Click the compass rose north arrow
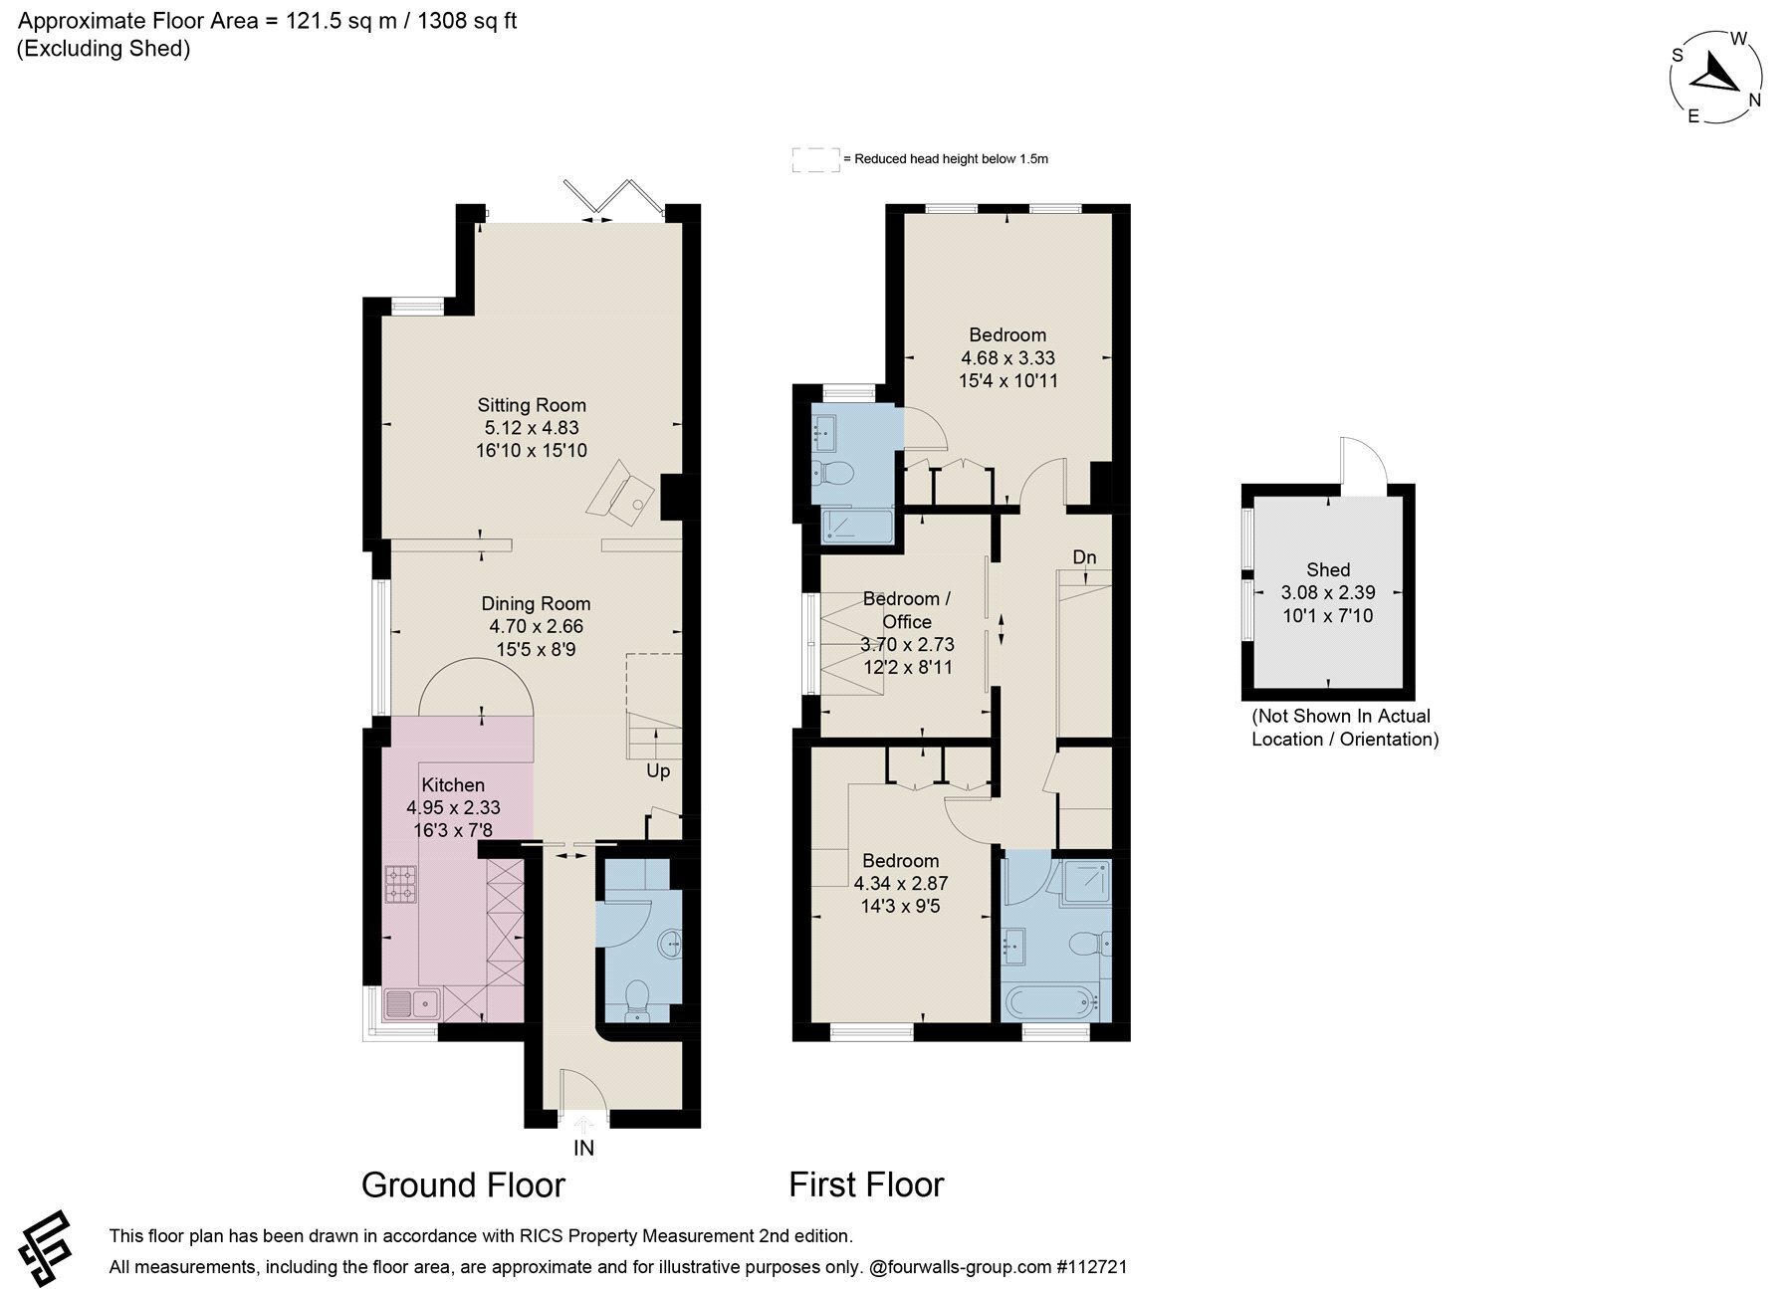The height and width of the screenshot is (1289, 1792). pos(1715,73)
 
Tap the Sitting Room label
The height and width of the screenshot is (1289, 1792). pos(532,405)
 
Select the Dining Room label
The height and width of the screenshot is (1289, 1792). pos(536,603)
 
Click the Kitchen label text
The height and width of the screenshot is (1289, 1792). pos(453,784)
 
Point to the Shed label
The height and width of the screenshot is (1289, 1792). pos(1328,569)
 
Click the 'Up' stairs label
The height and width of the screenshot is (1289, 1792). pos(658,771)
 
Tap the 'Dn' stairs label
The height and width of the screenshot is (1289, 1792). pos(1084,557)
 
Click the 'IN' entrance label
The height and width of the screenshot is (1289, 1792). pos(583,1148)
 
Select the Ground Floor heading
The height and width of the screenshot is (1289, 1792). pos(463,1184)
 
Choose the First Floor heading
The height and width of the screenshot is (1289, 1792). pos(866,1184)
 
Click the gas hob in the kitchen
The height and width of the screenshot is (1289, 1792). pos(401,884)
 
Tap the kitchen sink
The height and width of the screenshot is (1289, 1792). pos(411,1003)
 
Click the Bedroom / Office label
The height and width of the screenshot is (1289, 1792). pos(907,610)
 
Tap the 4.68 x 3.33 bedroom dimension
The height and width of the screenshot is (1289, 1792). pos(1008,357)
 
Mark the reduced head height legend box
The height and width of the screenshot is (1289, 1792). pos(815,159)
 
